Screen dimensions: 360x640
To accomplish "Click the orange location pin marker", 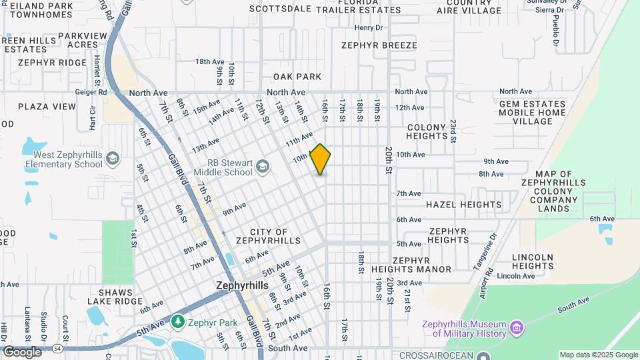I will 321,159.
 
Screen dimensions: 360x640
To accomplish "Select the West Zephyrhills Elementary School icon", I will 113,158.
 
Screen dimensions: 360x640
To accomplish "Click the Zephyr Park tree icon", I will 177,323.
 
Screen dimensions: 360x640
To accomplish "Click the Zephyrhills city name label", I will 243,285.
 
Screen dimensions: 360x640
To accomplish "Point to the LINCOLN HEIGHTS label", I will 533,261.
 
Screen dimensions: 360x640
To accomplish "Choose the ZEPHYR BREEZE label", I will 379,45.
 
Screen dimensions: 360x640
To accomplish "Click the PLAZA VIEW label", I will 47,107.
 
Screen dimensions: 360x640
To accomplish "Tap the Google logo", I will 22,352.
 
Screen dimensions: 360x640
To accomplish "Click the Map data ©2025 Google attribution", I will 599,355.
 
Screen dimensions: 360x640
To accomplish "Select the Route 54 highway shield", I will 59,349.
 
